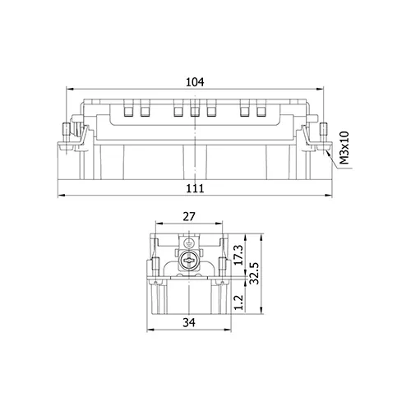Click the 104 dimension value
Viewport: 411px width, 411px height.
point(195,82)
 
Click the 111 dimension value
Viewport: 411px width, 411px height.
point(195,188)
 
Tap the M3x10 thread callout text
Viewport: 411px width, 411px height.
point(344,148)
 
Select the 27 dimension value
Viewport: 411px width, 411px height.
point(189,217)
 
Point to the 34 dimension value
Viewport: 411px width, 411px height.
point(189,322)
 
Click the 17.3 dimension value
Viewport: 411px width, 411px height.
point(239,255)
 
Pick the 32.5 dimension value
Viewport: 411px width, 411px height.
point(254,273)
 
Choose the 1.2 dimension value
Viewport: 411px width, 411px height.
point(239,302)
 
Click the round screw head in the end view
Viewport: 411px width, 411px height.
point(187,261)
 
